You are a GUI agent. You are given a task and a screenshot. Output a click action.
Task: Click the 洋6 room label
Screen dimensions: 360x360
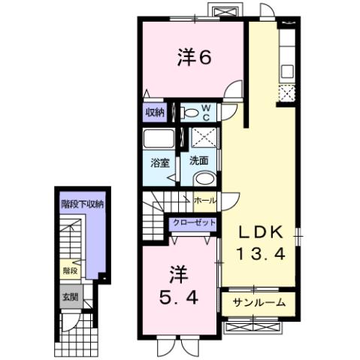(192, 59)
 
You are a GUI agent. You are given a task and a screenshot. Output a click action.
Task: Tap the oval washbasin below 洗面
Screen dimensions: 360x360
(204, 179)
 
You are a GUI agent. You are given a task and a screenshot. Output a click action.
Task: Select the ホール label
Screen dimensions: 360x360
(204, 201)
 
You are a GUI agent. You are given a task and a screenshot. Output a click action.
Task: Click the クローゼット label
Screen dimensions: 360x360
(194, 223)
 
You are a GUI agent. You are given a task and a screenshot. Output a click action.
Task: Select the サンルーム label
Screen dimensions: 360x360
(259, 303)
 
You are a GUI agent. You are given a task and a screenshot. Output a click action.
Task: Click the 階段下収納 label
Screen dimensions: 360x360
(83, 203)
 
